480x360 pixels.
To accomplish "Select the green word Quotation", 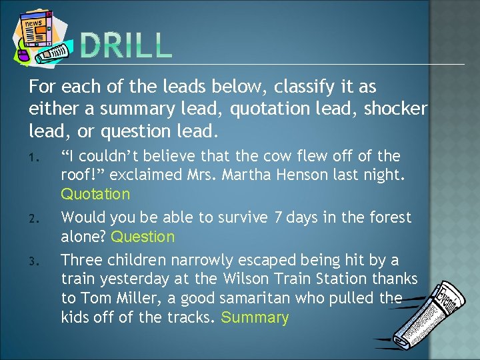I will tap(95, 195).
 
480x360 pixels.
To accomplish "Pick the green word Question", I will tap(143, 237).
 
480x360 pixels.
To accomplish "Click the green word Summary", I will tap(255, 317).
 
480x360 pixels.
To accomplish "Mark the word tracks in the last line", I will tap(185, 317).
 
